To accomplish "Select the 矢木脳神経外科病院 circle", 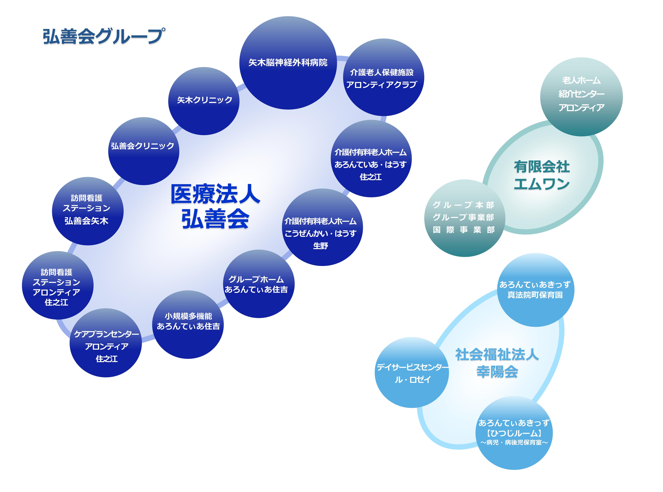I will point(288,63).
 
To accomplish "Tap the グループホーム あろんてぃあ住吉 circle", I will point(256,284).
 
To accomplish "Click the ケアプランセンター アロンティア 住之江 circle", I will point(106,346).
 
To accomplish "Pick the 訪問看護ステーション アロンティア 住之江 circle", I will point(57,286).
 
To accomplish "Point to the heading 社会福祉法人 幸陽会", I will point(497,363).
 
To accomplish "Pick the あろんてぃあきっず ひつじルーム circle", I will point(514,432).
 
